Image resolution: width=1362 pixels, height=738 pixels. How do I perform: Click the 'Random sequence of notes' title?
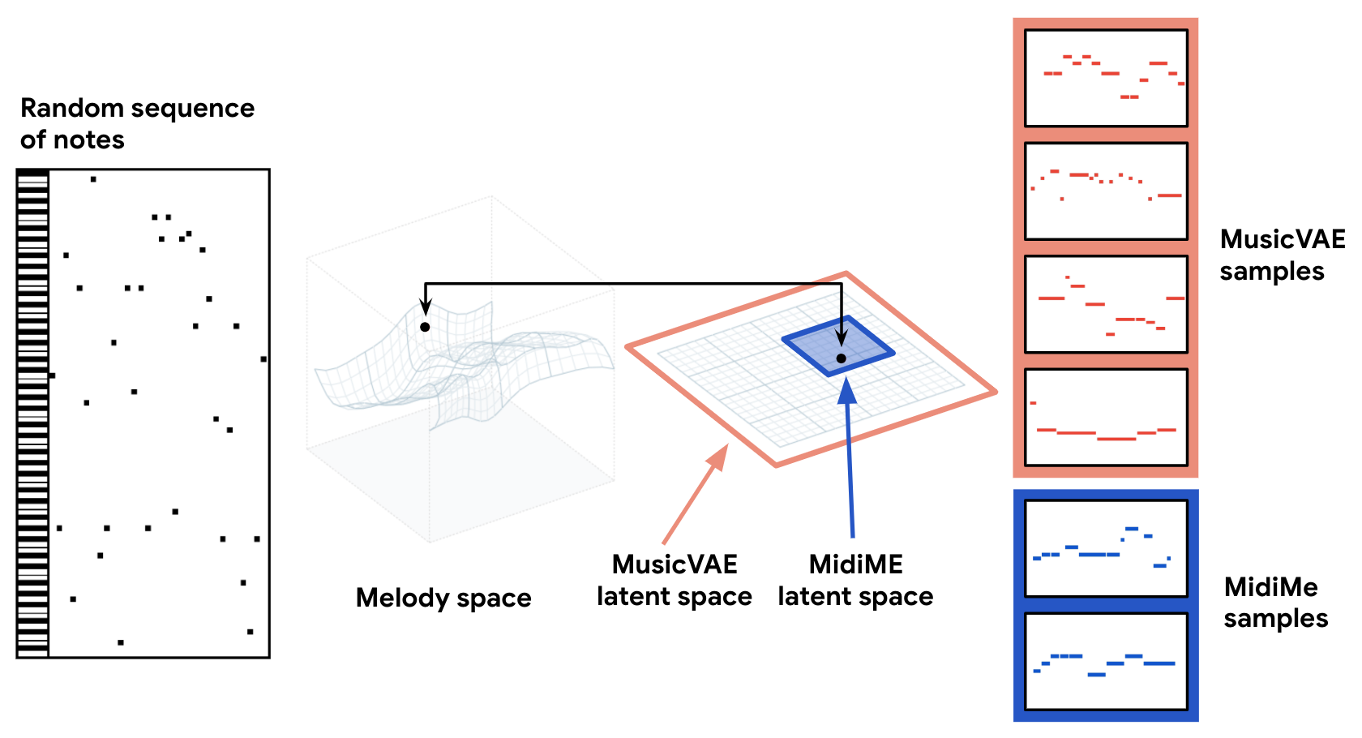[137, 123]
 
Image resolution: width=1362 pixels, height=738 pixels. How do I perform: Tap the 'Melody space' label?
[443, 598]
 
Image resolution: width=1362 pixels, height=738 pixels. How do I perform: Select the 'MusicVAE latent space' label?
[675, 580]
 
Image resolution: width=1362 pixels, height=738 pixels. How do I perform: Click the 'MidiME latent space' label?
[855, 580]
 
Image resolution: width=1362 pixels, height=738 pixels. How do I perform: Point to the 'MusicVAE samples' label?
[1282, 255]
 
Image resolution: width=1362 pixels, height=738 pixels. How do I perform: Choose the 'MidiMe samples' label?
[1275, 603]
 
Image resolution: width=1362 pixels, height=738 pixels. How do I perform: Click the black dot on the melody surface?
[425, 327]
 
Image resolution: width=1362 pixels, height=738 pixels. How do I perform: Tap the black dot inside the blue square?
[842, 358]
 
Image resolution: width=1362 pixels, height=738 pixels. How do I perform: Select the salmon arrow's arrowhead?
[717, 457]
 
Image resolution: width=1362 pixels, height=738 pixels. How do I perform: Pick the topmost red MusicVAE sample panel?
[1106, 78]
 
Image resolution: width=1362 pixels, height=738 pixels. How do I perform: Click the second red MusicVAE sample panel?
[1106, 191]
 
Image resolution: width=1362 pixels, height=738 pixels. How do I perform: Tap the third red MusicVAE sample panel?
[1106, 304]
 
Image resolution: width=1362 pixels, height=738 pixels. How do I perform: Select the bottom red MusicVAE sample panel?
[1106, 417]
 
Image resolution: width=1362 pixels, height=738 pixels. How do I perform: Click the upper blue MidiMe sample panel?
[1106, 548]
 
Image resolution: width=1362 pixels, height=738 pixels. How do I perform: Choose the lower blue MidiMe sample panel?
[1106, 661]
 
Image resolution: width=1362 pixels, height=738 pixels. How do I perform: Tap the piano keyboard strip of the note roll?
[33, 414]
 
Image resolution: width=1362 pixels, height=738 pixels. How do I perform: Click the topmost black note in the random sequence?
[93, 179]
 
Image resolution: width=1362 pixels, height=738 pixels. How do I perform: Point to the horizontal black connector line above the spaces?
[632, 284]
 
